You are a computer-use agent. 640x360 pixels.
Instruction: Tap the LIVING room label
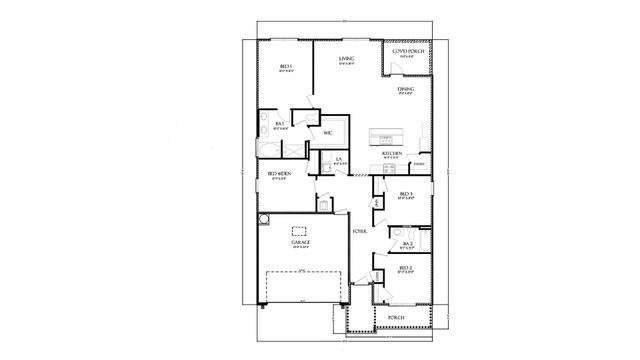[347, 60]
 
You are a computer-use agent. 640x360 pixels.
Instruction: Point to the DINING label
[405, 90]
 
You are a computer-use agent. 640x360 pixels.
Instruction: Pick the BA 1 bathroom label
[281, 124]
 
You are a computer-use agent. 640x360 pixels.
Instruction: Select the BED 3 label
[405, 194]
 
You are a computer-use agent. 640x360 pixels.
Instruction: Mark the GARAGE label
[301, 242]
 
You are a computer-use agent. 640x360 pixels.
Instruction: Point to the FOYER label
[358, 231]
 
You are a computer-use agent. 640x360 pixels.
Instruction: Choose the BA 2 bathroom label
[408, 243]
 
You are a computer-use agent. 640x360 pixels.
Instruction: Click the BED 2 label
[405, 269]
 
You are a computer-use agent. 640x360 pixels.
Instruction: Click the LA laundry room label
[340, 160]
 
